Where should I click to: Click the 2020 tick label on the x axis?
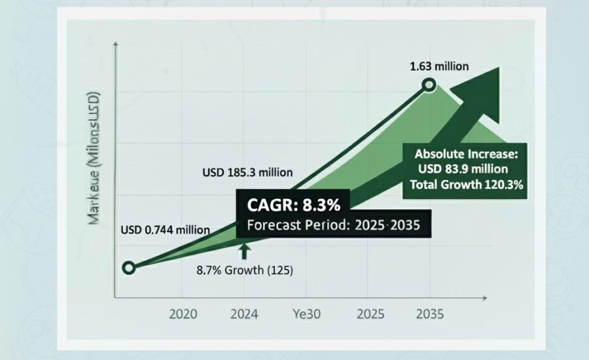click(x=183, y=314)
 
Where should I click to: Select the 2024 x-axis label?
click(x=245, y=314)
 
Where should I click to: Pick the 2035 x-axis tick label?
click(x=429, y=314)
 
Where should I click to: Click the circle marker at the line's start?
click(x=129, y=267)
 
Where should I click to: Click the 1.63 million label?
click(x=439, y=66)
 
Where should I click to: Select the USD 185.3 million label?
click(x=247, y=173)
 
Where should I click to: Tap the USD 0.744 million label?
click(x=165, y=230)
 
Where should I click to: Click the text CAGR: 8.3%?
click(x=294, y=206)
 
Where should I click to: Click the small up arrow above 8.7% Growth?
click(x=244, y=251)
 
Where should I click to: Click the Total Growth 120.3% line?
click(x=466, y=185)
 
